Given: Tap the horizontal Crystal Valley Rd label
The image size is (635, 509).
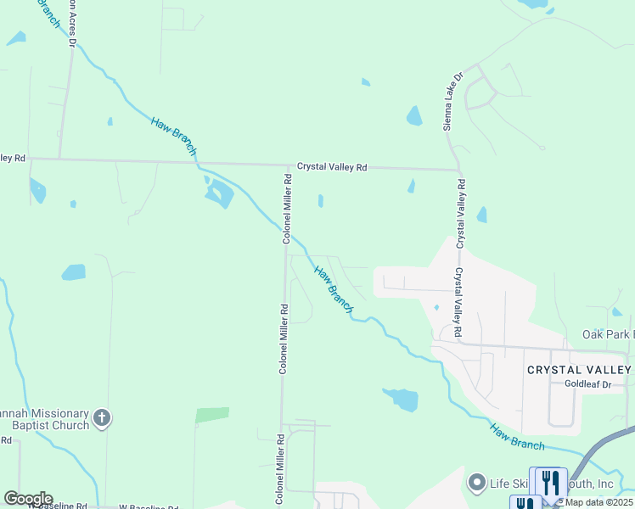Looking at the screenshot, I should pos(331,168).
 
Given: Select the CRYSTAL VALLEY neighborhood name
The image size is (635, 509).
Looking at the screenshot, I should pos(579,370).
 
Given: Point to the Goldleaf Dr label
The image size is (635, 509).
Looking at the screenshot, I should pos(588,384).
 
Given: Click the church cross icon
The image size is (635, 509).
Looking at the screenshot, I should pos(102,417).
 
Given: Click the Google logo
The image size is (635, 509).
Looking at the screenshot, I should pos(28,499).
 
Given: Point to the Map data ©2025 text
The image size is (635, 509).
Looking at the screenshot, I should pos(598,502).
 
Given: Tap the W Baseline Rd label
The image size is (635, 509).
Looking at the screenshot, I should pos(58,506).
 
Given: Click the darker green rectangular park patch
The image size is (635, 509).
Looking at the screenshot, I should pos(212,415).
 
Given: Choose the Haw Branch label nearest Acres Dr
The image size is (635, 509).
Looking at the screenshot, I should pos(174,136).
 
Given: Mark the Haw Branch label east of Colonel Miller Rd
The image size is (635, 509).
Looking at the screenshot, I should pos(333,289).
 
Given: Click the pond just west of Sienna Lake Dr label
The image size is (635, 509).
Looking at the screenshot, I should pos(414,115).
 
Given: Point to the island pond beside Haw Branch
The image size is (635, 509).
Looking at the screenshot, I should pos(219,194).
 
